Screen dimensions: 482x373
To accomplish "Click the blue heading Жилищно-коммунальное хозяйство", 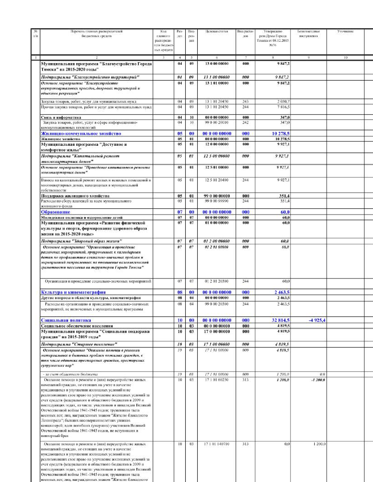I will (x=81, y=133).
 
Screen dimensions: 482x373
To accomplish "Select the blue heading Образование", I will (x=56, y=212).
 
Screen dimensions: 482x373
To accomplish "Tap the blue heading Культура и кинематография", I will (x=73, y=292).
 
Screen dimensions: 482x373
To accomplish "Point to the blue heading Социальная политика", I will (x=66, y=320).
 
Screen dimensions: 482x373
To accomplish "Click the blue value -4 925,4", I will (x=317, y=320).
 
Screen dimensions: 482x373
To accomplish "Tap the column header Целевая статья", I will (x=216, y=31).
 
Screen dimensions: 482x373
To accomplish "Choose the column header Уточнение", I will (x=345, y=31).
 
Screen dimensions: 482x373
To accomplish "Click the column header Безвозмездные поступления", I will (x=308, y=34).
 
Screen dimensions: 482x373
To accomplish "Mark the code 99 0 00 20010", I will (x=216, y=122).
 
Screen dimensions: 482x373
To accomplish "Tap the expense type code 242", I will (x=245, y=122).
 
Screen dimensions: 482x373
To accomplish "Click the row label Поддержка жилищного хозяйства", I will (x=75, y=196).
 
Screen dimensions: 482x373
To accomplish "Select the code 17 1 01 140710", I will (x=216, y=444).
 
